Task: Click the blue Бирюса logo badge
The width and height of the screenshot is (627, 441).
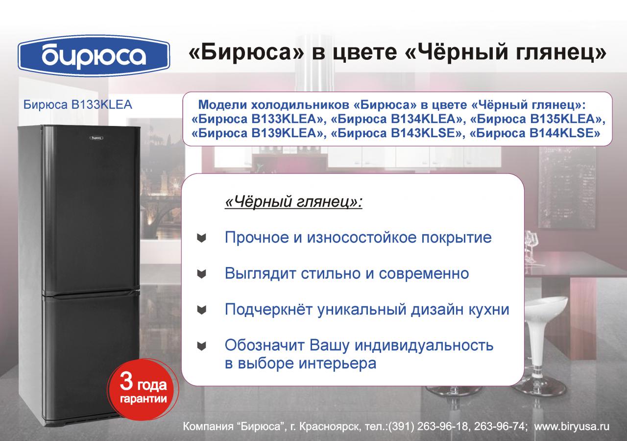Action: point(94,56)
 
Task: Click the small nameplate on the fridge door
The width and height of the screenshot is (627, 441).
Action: point(96,138)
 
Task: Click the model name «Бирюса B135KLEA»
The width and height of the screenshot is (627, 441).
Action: point(536,119)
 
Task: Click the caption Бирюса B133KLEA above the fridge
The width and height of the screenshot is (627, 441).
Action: point(77,105)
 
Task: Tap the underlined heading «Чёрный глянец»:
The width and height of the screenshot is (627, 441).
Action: point(293,201)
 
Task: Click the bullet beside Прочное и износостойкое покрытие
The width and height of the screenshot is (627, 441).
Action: point(201,238)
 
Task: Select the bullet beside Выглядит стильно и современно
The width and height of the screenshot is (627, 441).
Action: point(201,274)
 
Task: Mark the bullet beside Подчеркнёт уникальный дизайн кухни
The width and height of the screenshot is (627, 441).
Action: point(201,310)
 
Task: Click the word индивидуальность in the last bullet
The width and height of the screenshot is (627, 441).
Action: point(424,345)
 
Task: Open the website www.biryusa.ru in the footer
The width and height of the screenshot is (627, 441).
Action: point(572,427)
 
